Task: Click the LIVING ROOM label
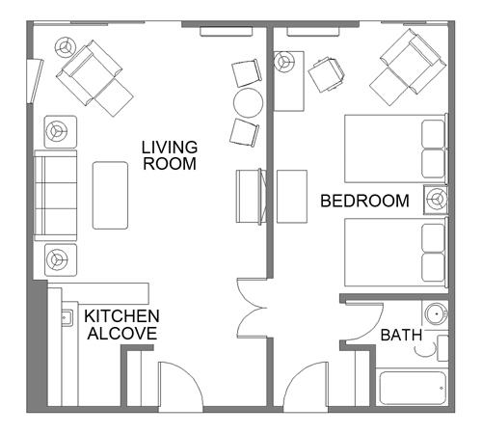tap(170, 155)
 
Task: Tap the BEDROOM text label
tap(364, 201)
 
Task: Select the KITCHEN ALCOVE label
tap(121, 325)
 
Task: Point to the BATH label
tap(401, 336)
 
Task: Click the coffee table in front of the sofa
tap(110, 196)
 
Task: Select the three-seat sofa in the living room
tap(55, 196)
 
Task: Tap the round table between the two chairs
tap(248, 102)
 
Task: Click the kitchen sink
tap(67, 317)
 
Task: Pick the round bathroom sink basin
tap(436, 312)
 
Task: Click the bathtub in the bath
tap(413, 388)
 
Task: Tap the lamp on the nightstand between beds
tap(436, 200)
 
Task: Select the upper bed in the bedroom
tap(396, 149)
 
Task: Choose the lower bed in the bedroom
tap(396, 253)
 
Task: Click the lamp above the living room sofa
tap(61, 131)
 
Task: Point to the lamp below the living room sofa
tap(61, 259)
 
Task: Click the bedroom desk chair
tap(327, 74)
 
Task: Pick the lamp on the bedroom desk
tap(284, 61)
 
